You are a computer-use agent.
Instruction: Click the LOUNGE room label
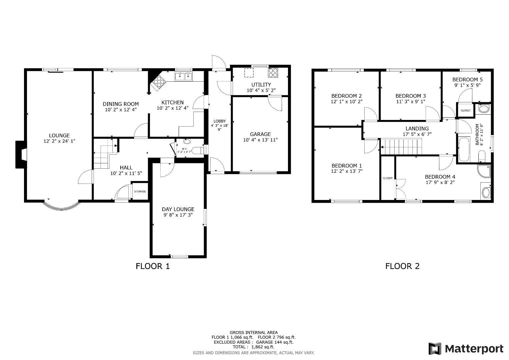coord(59,135)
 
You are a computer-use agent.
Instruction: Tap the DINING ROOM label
coord(121,104)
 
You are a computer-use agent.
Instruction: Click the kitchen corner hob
coord(159,82)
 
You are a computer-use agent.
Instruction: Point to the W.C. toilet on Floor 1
coord(197,150)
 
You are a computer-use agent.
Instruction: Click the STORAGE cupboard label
coord(140,191)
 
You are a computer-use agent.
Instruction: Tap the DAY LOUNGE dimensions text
coord(178,215)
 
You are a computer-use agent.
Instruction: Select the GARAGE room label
coord(260,134)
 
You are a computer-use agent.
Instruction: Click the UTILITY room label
coord(261,85)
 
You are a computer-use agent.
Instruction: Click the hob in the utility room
coord(273,73)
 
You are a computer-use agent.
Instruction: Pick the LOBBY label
coord(220,121)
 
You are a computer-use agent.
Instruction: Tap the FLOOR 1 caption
coord(153,266)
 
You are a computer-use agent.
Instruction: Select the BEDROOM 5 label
coord(467,80)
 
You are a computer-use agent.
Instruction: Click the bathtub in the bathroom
coord(464,150)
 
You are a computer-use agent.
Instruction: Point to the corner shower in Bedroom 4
coord(484,171)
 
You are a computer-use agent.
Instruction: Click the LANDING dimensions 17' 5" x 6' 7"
coord(417,134)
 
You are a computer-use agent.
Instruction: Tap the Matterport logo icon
coord(435,349)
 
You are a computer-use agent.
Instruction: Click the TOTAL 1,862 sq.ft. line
coord(254,347)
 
